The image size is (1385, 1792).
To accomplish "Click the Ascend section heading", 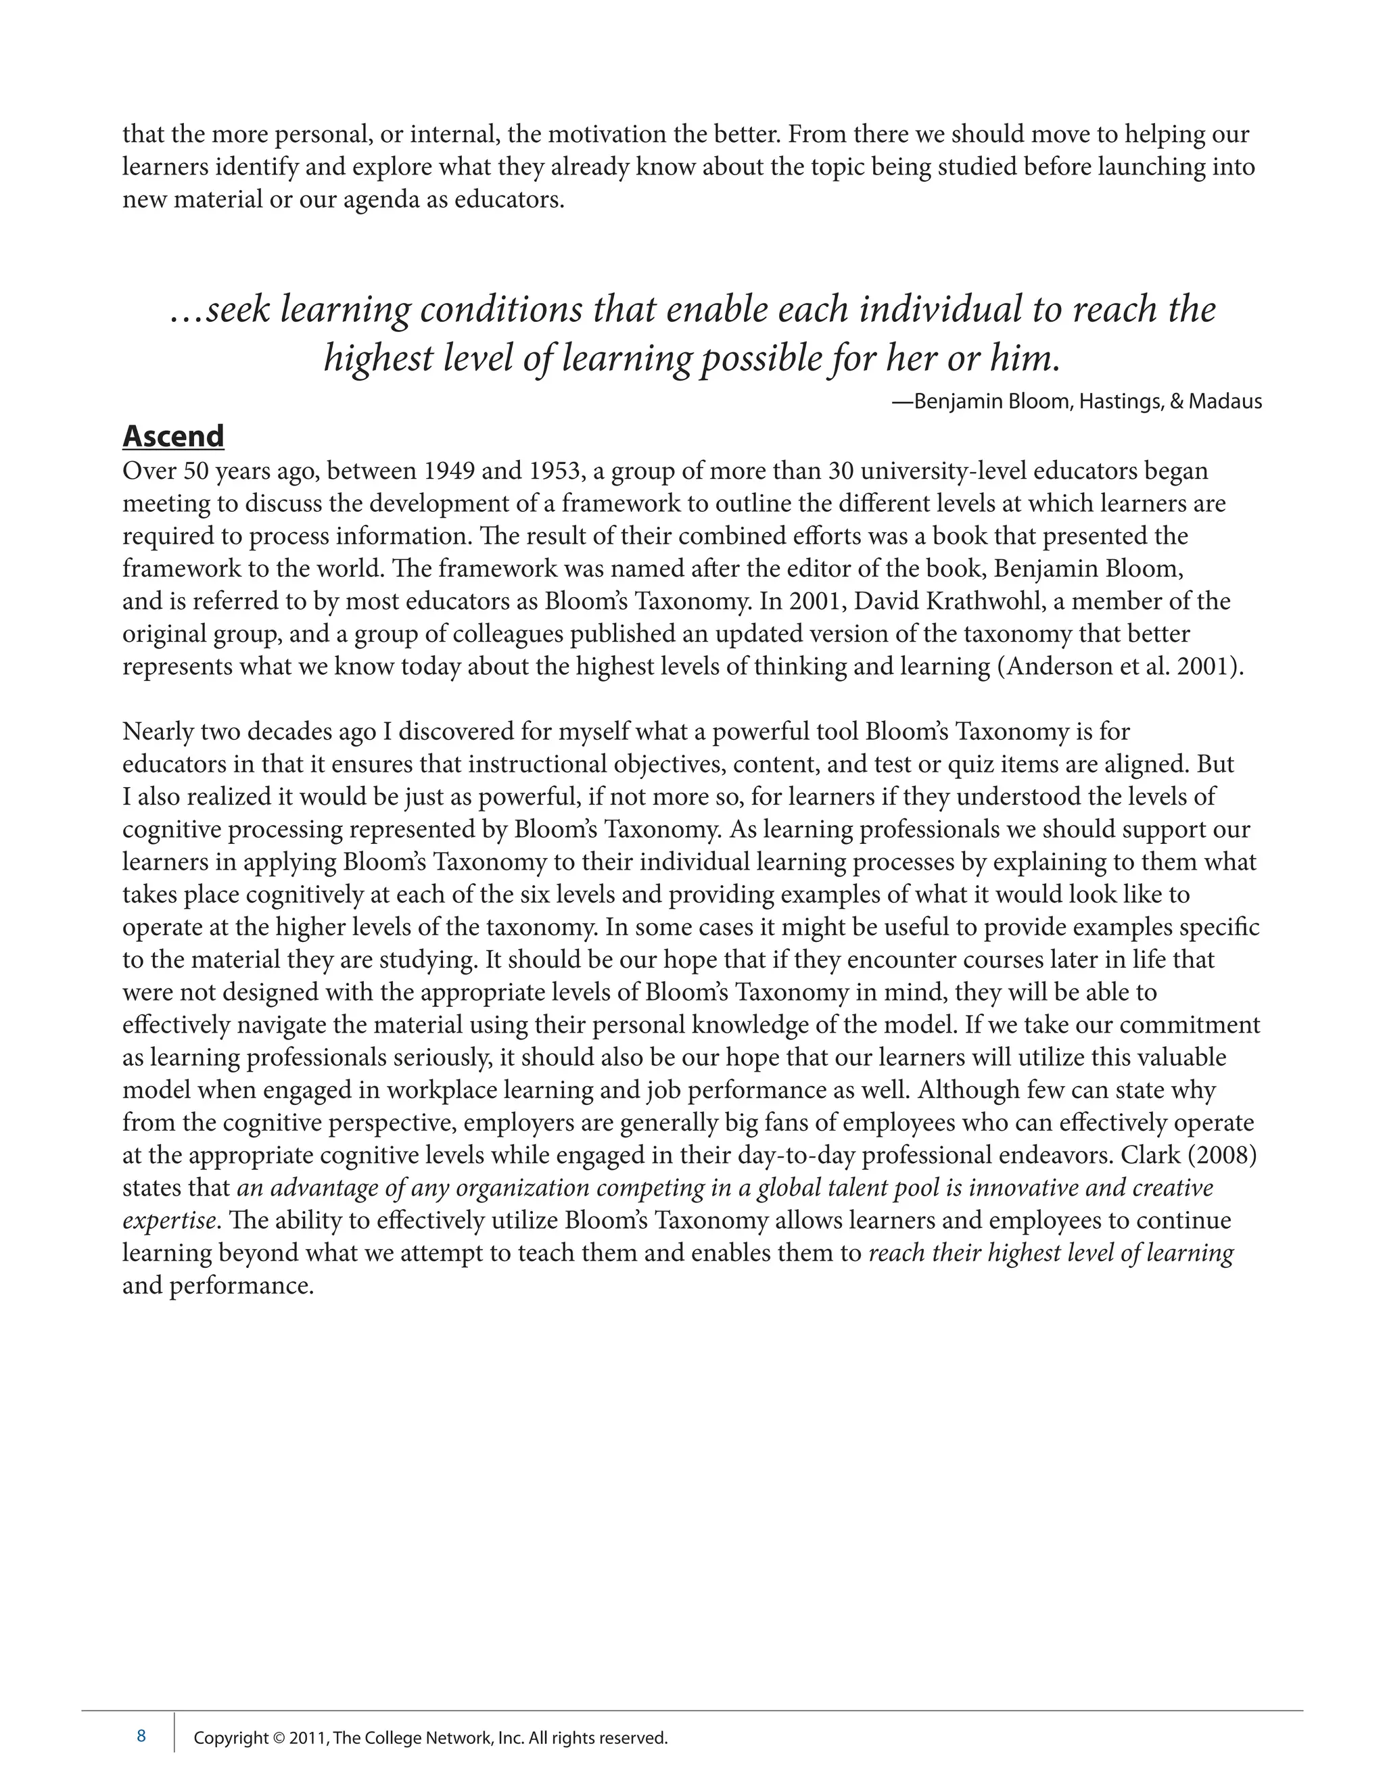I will [x=173, y=437].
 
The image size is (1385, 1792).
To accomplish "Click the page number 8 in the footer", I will [x=141, y=1735].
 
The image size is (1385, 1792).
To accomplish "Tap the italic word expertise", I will [x=169, y=1221].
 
